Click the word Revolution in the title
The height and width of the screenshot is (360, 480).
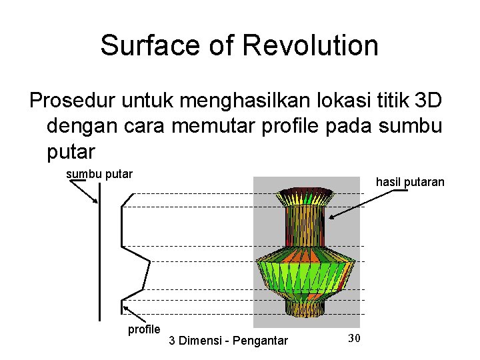pos(311,46)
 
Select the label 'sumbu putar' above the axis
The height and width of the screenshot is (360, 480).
pos(99,174)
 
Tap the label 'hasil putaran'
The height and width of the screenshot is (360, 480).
pos(410,181)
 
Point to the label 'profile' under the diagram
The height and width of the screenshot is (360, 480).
pos(144,329)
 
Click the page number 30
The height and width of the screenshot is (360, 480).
pos(355,338)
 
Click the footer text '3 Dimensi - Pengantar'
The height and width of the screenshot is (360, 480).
pos(229,341)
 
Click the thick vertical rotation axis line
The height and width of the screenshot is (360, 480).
pos(99,253)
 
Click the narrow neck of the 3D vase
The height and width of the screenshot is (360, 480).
pos(303,227)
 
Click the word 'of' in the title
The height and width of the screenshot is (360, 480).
pos(222,46)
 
